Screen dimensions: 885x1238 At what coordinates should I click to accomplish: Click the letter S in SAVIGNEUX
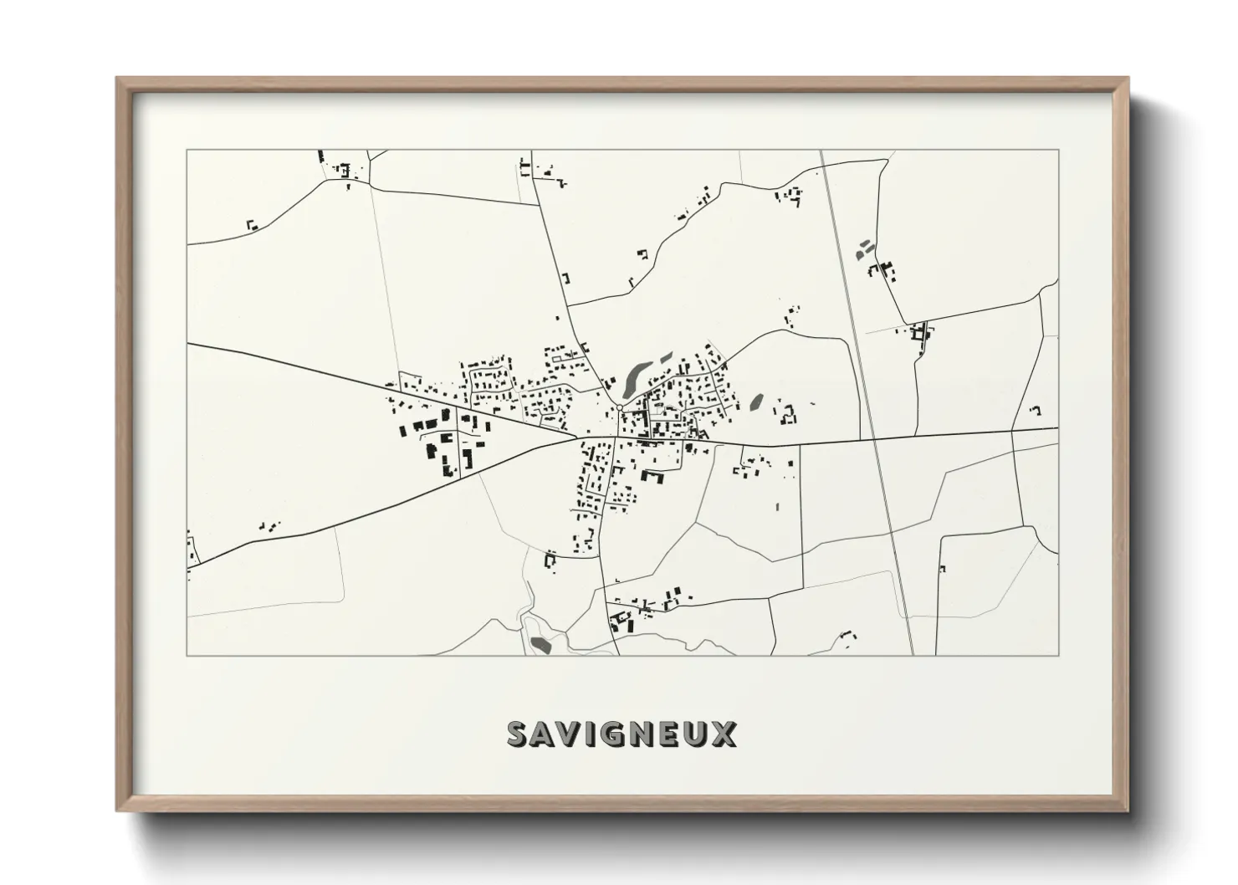click(x=519, y=734)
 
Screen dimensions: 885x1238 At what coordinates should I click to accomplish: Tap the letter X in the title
click(x=724, y=734)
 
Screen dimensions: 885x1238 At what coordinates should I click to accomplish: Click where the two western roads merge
click(x=575, y=437)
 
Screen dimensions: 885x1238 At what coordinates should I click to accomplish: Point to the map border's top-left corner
click(x=187, y=151)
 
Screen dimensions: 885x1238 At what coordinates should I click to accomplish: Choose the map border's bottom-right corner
click(x=1058, y=655)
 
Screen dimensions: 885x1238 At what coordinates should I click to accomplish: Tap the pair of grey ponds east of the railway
click(x=862, y=248)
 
